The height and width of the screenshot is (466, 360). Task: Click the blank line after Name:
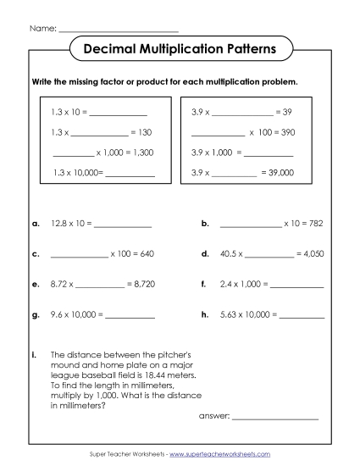[119, 29]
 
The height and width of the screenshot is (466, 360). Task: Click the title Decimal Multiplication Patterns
[180, 50]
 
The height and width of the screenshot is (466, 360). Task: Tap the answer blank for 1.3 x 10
[118, 113]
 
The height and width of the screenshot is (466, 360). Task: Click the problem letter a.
[36, 225]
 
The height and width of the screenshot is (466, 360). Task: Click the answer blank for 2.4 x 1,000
[296, 285]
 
